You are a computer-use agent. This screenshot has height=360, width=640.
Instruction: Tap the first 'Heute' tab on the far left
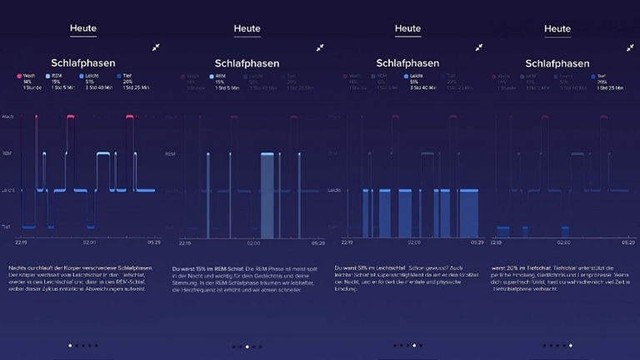pos(82,28)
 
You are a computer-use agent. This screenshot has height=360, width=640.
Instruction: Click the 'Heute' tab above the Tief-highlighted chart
pos(557,29)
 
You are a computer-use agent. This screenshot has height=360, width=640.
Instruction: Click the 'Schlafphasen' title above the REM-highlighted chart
pos(247,63)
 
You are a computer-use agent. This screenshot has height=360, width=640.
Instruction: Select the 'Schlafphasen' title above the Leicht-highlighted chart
pos(407,63)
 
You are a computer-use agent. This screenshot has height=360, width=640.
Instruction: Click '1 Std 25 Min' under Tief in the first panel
pos(135,87)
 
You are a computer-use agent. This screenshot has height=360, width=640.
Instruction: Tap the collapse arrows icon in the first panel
pos(156,47)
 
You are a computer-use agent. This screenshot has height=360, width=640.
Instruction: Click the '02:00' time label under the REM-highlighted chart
pos(247,243)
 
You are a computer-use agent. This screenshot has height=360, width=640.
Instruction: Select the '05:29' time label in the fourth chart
pos(627,243)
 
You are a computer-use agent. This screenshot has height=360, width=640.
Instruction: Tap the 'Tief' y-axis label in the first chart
pos(6,227)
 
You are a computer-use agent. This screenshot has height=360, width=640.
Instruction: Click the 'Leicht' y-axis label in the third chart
pos(333,190)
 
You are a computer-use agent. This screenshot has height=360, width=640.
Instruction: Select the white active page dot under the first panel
pos(69,345)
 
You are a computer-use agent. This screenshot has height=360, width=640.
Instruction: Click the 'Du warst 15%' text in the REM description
pos(192,269)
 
